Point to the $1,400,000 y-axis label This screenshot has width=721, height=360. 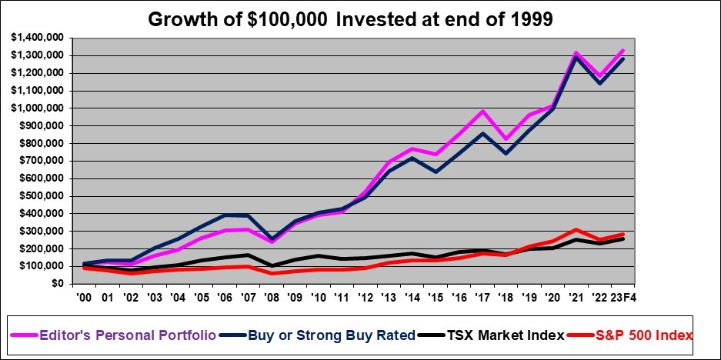[x=37, y=37]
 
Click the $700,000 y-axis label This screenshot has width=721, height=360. [x=39, y=160]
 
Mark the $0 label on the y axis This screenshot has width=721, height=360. [x=56, y=284]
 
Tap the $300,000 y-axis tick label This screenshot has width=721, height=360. [x=39, y=231]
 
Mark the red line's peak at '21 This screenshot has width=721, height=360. [x=596, y=229]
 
